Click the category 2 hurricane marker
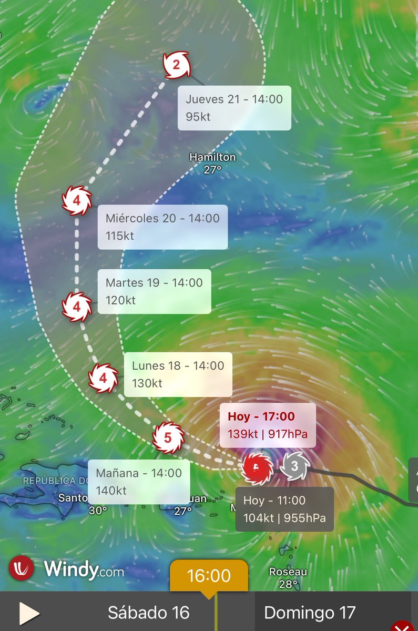click(x=176, y=65)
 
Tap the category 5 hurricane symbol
click(x=168, y=437)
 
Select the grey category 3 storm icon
click(x=294, y=466)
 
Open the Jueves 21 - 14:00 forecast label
click(x=234, y=108)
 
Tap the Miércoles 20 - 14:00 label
click(x=162, y=227)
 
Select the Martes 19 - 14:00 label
click(x=154, y=291)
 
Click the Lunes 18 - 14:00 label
click(x=178, y=374)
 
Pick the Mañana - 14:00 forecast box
click(x=138, y=482)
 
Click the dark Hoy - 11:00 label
click(x=284, y=509)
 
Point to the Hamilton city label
click(x=212, y=157)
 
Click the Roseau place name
click(x=288, y=572)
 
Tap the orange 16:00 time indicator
click(x=209, y=576)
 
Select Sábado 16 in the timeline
click(x=148, y=613)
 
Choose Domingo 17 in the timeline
click(x=309, y=613)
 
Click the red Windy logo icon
click(x=22, y=569)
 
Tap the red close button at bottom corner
click(x=404, y=626)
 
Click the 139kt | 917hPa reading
click(x=267, y=434)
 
